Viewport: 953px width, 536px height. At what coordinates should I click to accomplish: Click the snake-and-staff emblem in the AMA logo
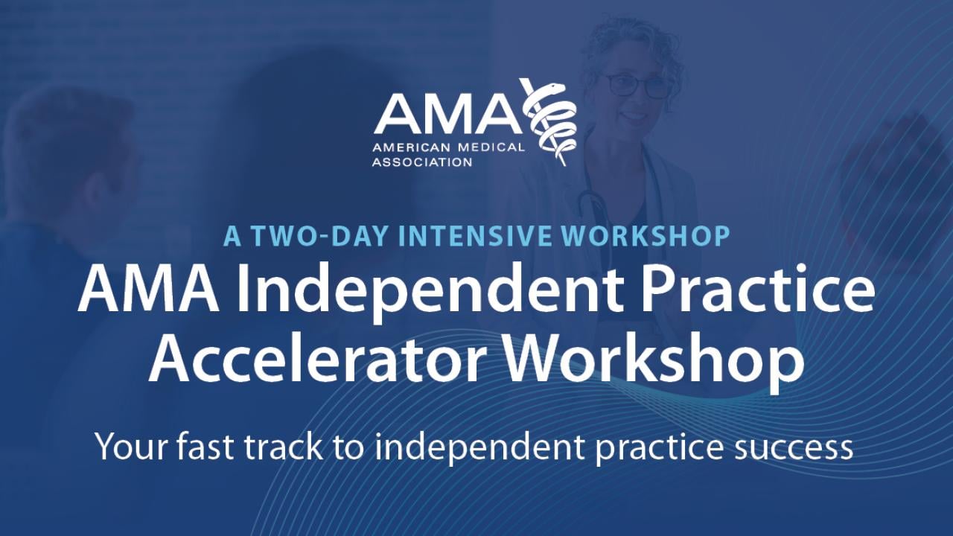(549, 119)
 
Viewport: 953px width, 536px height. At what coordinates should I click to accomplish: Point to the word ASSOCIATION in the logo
(422, 161)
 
